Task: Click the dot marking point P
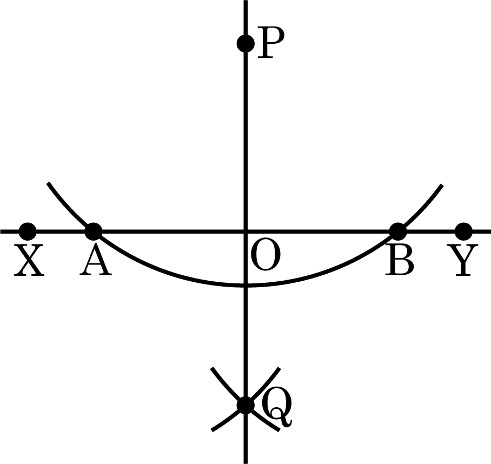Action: [x=246, y=43]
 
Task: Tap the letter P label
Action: [x=270, y=43]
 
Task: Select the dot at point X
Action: [x=28, y=231]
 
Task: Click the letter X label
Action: [x=29, y=261]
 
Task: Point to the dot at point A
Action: [x=94, y=231]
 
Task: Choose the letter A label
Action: [x=96, y=260]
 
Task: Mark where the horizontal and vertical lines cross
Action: [x=246, y=231]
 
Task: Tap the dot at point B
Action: [x=397, y=231]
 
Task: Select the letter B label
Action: [x=400, y=261]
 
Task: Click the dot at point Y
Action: [x=463, y=231]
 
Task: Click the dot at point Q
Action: [x=246, y=406]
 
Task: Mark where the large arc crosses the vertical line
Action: [x=246, y=285]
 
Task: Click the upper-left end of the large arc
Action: [x=48, y=183]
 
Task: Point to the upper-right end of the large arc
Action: [x=442, y=185]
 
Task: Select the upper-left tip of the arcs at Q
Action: [x=212, y=368]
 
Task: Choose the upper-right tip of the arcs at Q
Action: [x=280, y=368]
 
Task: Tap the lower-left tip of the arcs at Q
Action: [x=213, y=430]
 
